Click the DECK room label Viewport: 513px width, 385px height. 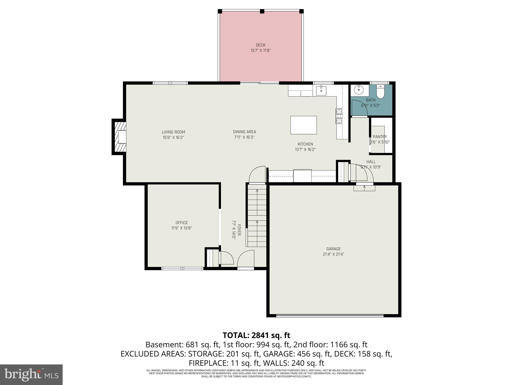point(261,45)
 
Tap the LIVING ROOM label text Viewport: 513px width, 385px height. point(173,132)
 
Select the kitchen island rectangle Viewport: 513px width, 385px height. point(303,125)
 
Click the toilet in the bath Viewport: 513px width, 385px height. point(380,92)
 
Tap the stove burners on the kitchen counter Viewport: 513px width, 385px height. point(339,116)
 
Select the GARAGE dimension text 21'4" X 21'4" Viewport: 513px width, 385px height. point(333,254)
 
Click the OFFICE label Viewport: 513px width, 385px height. point(182,223)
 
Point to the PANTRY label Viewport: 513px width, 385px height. point(380,137)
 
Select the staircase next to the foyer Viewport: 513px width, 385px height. point(257,216)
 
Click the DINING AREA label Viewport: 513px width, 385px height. point(244,132)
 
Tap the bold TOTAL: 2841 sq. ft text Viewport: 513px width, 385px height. point(256,335)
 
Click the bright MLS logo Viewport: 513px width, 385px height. point(31,374)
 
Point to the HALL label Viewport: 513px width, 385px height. point(371,162)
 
